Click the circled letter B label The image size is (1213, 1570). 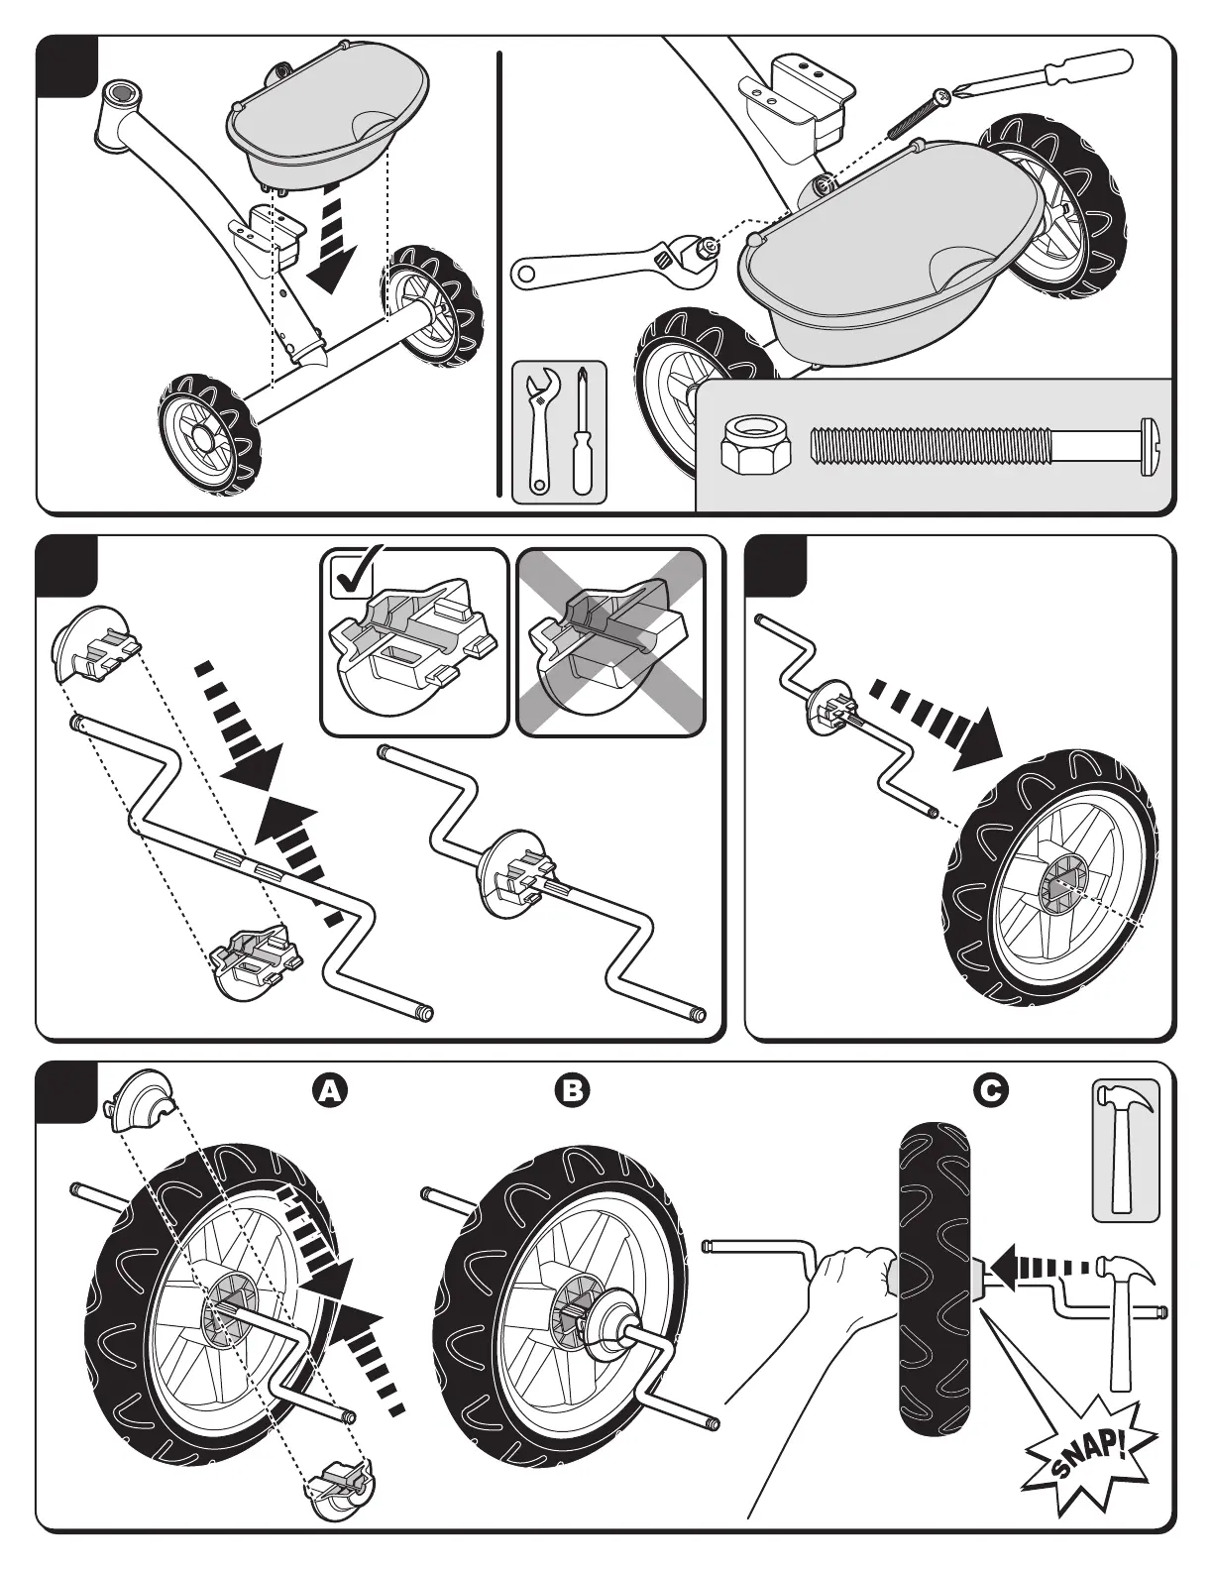click(572, 1091)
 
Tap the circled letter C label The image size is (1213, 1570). click(990, 1091)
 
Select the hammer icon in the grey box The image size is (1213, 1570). click(1125, 1149)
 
